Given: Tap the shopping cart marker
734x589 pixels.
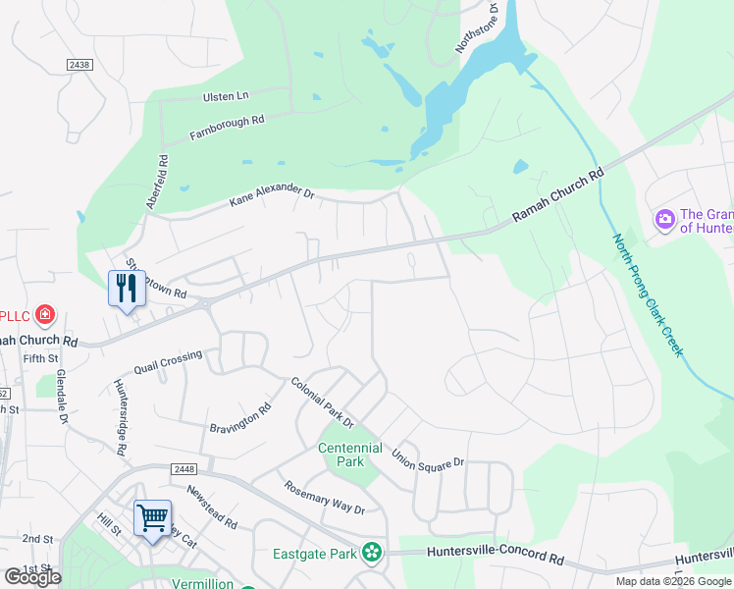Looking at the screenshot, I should pyautogui.click(x=152, y=517).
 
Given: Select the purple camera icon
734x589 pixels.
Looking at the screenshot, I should pyautogui.click(x=664, y=218).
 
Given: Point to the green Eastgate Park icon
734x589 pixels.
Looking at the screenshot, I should pyautogui.click(x=371, y=554).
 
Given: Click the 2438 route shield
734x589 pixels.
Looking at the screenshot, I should pyautogui.click(x=79, y=64).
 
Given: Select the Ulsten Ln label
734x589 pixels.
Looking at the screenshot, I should pyautogui.click(x=227, y=95).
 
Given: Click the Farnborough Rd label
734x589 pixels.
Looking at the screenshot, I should pyautogui.click(x=228, y=127).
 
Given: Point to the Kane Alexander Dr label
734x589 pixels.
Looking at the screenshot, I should pyautogui.click(x=271, y=198).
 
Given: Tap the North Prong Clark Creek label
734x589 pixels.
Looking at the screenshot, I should pyautogui.click(x=647, y=295).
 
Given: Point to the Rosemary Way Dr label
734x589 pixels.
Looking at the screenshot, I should pyautogui.click(x=325, y=498).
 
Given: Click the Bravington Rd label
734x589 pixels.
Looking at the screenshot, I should pyautogui.click(x=240, y=419).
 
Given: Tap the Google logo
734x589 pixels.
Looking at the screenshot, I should pyautogui.click(x=33, y=576).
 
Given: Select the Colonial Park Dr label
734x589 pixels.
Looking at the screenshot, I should pyautogui.click(x=322, y=403).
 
